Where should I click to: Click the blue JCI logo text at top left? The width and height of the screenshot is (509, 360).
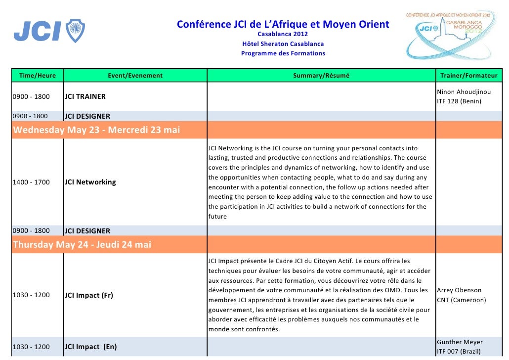coord(37,32)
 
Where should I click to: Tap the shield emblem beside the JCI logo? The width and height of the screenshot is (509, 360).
coord(76,31)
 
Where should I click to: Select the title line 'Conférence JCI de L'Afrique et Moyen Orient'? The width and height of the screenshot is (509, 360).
coord(283,24)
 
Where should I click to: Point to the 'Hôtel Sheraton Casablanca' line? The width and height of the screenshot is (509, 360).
coord(283,44)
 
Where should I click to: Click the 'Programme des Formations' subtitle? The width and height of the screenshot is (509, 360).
coord(283,53)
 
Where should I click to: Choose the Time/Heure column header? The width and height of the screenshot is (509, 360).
coord(38,76)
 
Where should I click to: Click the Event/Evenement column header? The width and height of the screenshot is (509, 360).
coord(135,76)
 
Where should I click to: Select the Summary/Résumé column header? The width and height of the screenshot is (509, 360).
coord(321,76)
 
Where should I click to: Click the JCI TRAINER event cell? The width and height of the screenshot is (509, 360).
coord(85,96)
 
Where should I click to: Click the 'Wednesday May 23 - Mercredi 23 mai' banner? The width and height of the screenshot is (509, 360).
coord(96,131)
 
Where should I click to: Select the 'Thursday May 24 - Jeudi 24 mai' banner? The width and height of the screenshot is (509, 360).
coord(82,245)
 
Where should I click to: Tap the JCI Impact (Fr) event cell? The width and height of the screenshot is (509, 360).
coord(89,295)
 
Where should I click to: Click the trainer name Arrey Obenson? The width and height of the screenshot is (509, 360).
coord(459,290)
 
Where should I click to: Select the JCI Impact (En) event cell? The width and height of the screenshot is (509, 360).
coord(90,347)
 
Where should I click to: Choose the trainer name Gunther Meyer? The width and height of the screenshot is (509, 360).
coord(460,342)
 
